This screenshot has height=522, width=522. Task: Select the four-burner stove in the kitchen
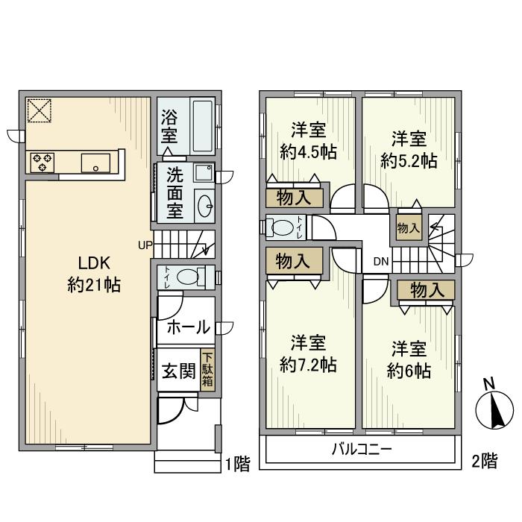[43, 162]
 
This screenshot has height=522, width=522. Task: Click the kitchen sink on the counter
[96, 162]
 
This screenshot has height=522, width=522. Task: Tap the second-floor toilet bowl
[281, 228]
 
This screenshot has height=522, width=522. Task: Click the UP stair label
[145, 244]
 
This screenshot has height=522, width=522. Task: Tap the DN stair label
[381, 262]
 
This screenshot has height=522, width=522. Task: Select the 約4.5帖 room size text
[307, 152]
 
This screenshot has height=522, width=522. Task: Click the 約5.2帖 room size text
[409, 159]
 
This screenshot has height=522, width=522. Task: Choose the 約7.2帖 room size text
[307, 365]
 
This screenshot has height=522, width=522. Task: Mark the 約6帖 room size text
[409, 371]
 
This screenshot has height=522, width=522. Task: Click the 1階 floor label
[238, 465]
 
